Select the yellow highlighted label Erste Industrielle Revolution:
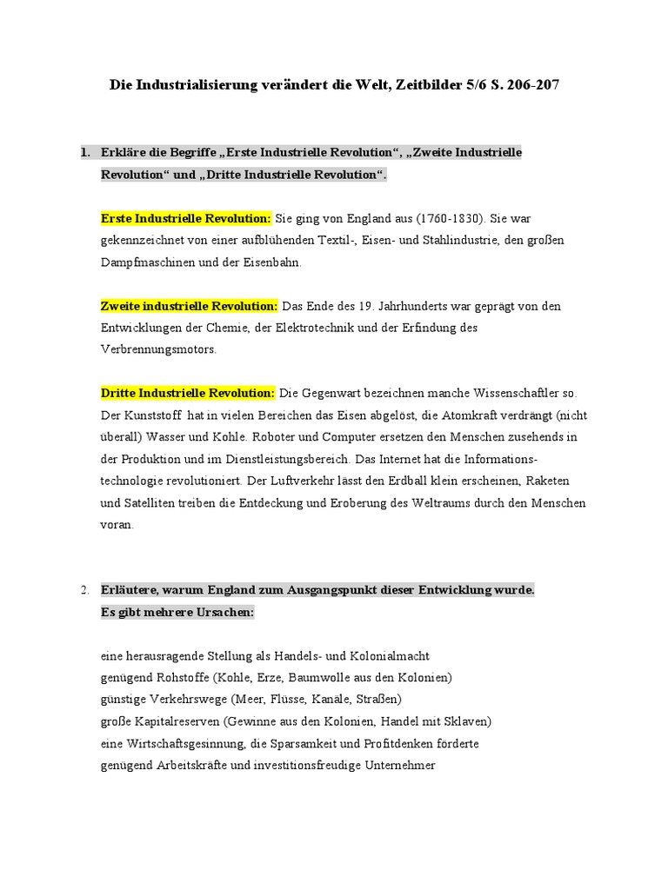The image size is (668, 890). point(186,217)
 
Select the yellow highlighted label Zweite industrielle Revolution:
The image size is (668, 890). point(190,306)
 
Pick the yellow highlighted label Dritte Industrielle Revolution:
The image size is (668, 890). point(188,394)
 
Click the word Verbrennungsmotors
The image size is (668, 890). point(158,349)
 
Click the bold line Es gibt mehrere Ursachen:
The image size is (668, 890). point(177,612)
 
